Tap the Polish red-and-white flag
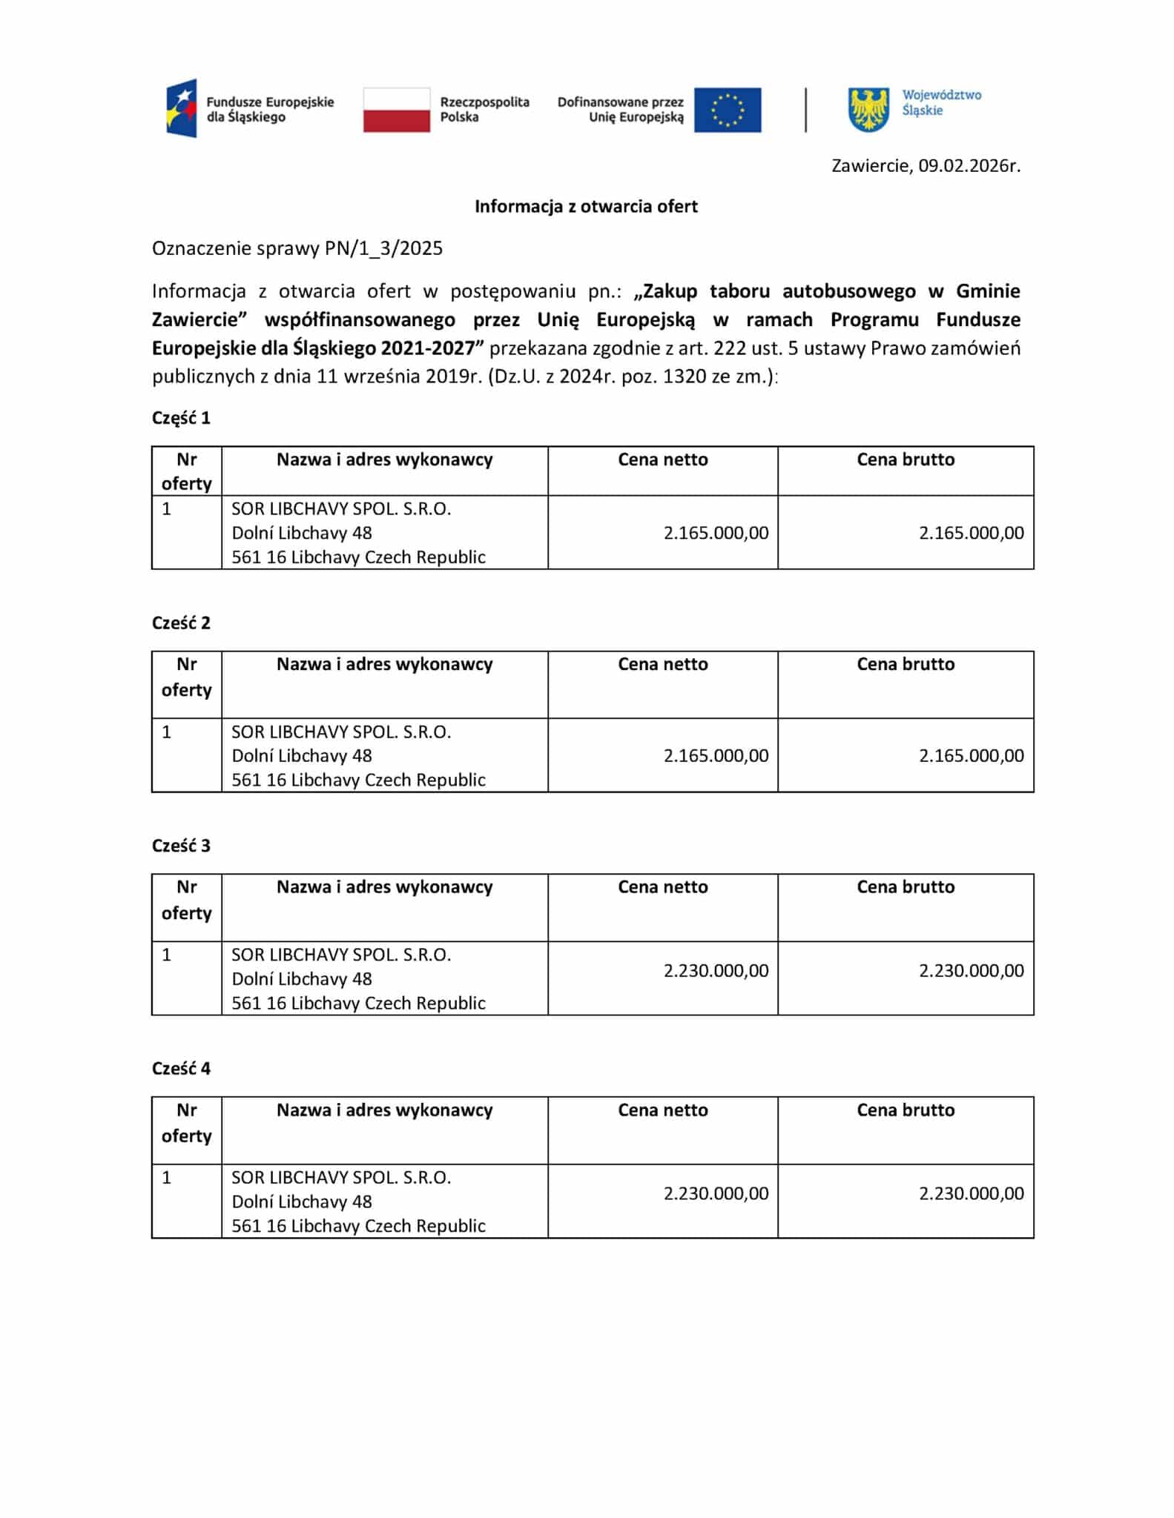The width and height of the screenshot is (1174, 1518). pyautogui.click(x=396, y=110)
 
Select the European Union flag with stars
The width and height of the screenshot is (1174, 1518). pyautogui.click(x=727, y=110)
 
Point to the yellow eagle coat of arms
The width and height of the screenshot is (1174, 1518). pyautogui.click(x=868, y=110)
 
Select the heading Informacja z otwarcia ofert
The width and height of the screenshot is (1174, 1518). pyautogui.click(x=586, y=206)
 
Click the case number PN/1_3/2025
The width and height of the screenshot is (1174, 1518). pyautogui.click(x=383, y=248)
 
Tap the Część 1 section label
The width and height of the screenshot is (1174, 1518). pyautogui.click(x=181, y=418)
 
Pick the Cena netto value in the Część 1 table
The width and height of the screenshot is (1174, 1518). pyautogui.click(x=716, y=533)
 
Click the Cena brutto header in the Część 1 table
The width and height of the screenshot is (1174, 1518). pyautogui.click(x=905, y=460)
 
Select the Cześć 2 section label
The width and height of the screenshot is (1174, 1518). pyautogui.click(x=181, y=623)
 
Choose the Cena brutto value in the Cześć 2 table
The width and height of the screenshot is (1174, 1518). pyautogui.click(x=971, y=756)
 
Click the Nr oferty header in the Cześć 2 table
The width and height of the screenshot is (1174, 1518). pyautogui.click(x=186, y=677)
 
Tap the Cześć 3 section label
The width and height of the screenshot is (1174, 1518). pyautogui.click(x=181, y=846)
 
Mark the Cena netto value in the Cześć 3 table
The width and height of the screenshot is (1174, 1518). pyautogui.click(x=716, y=971)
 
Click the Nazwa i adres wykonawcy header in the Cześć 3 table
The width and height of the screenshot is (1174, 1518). pyautogui.click(x=384, y=887)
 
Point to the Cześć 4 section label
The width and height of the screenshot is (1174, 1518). pyautogui.click(x=181, y=1069)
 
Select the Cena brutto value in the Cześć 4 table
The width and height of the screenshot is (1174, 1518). pyautogui.click(x=971, y=1193)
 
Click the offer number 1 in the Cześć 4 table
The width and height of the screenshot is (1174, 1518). pyautogui.click(x=167, y=1178)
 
